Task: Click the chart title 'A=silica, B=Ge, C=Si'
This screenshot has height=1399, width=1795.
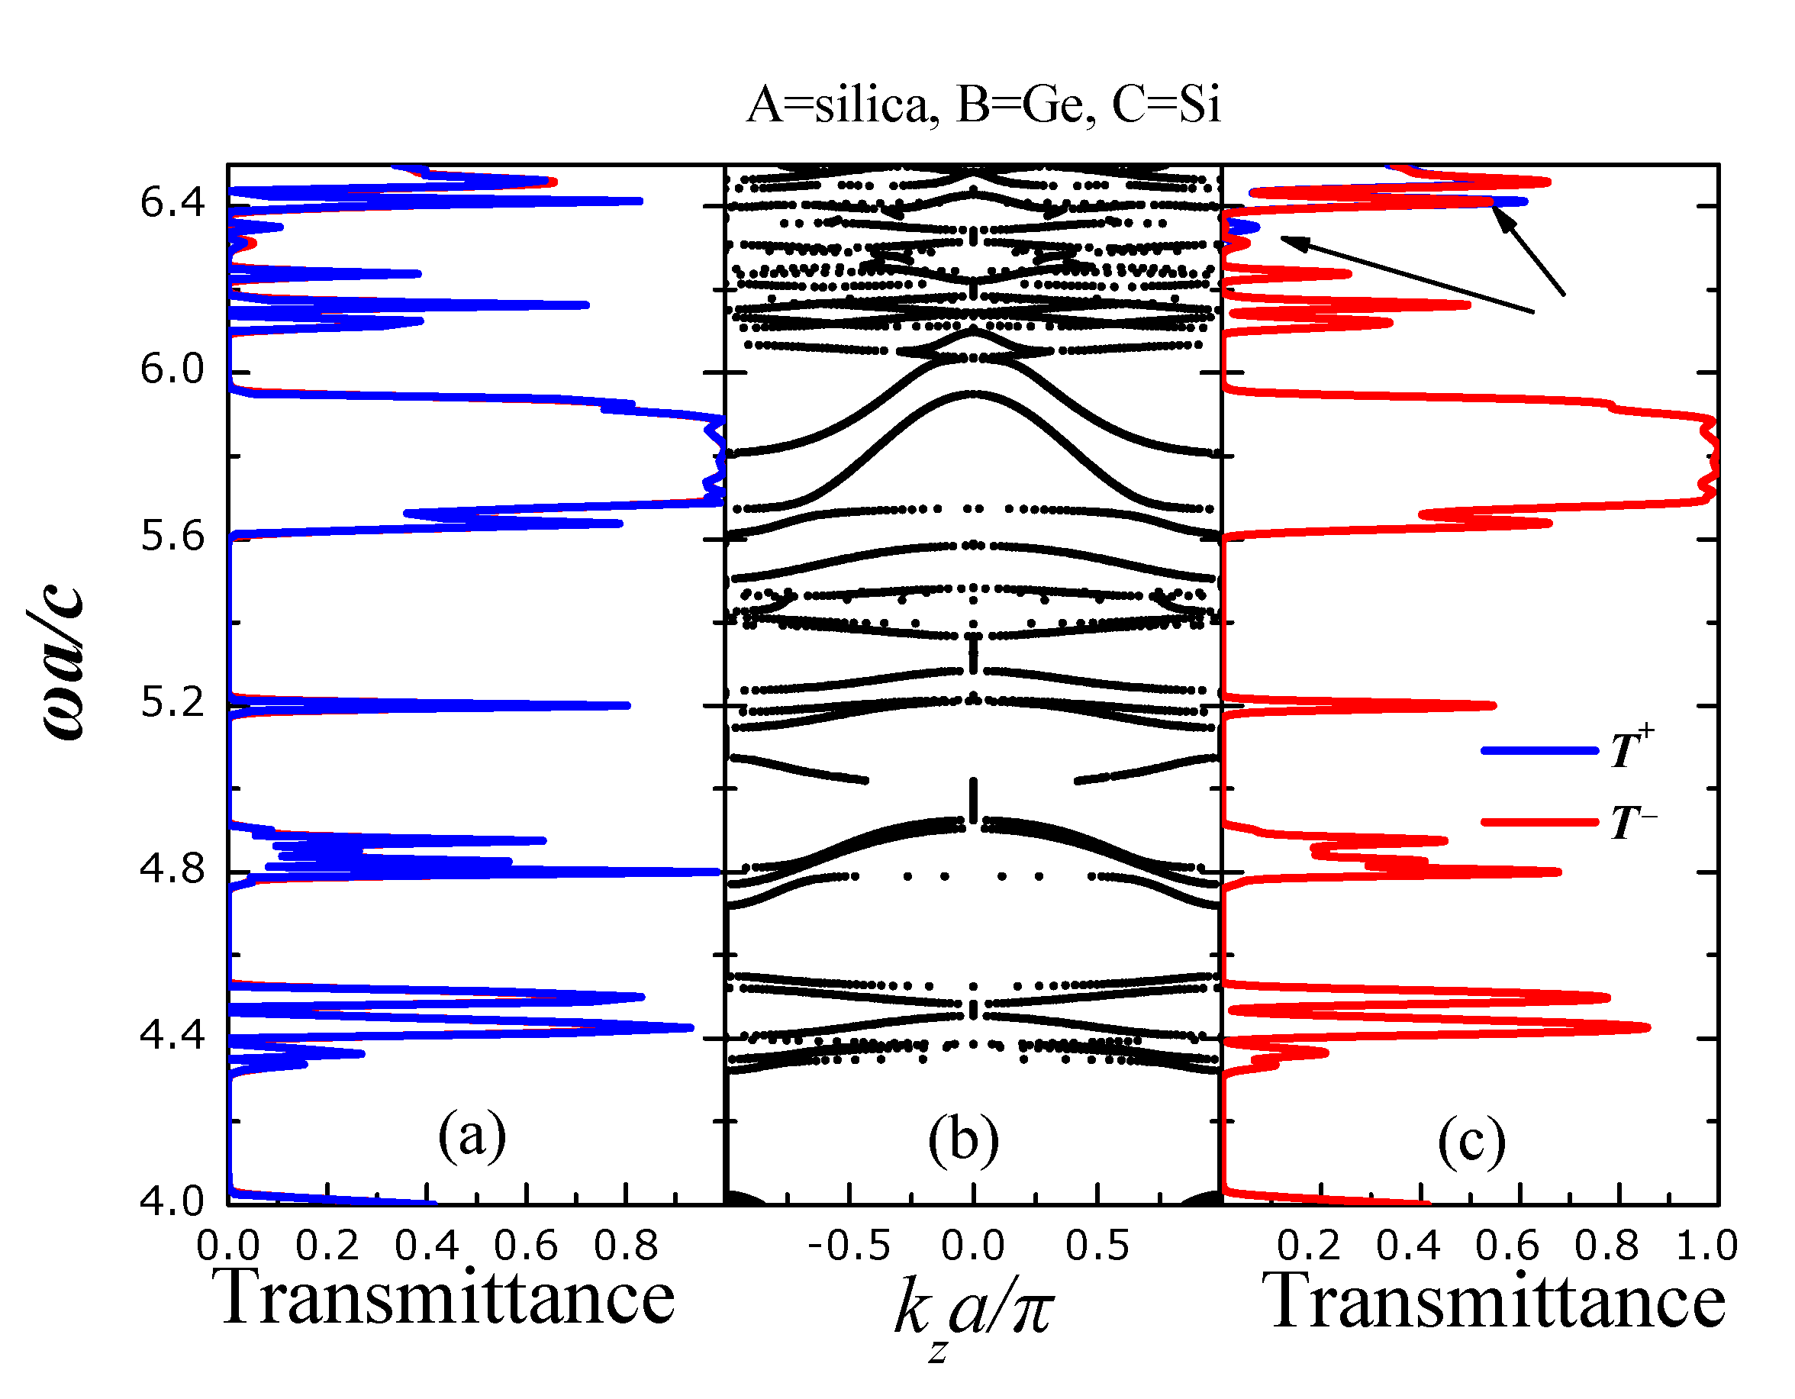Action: click(x=983, y=105)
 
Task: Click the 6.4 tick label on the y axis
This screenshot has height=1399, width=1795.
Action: click(x=172, y=202)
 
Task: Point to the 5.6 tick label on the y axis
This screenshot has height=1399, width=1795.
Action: click(x=172, y=537)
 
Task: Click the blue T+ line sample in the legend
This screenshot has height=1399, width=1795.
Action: click(x=1539, y=750)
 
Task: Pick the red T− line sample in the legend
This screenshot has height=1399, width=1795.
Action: click(x=1539, y=822)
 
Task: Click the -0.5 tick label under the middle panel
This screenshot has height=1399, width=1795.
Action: click(x=849, y=1246)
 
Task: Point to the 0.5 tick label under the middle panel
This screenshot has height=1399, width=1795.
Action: click(x=1097, y=1246)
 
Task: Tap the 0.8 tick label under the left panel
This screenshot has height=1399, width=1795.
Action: click(x=627, y=1246)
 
